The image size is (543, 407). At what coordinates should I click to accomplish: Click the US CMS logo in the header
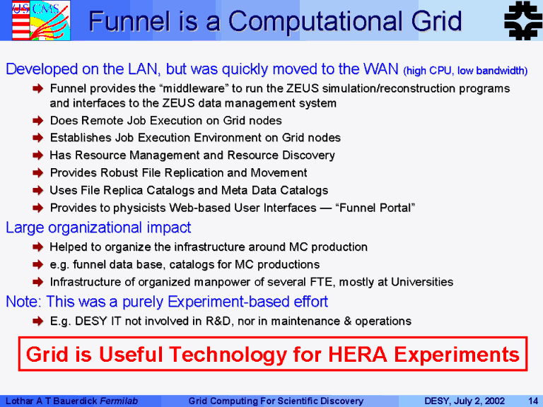coord(41,20)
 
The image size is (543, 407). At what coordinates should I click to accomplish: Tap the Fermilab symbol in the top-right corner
coord(523,20)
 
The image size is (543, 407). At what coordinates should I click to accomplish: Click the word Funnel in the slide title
coord(130,21)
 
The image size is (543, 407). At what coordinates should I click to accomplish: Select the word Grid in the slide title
coord(437,21)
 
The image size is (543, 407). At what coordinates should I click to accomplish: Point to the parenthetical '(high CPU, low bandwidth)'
coord(465,71)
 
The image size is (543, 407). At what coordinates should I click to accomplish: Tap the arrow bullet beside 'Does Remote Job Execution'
coord(37,120)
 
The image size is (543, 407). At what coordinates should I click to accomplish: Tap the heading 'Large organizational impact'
coord(98,228)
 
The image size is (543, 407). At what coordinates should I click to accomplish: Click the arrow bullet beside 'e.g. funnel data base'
coord(37,264)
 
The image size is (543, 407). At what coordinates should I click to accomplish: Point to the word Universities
coord(422,282)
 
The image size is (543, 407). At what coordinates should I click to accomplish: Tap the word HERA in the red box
coord(358,355)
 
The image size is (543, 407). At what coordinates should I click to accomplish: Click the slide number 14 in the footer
coord(533,401)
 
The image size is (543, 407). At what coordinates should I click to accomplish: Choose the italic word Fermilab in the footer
coord(119,401)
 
